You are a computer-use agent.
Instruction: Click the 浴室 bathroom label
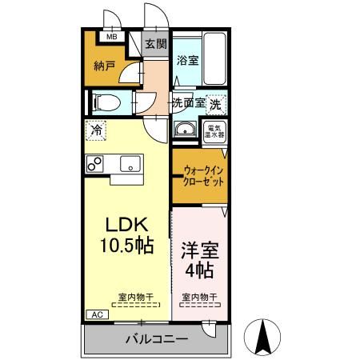tap(188, 59)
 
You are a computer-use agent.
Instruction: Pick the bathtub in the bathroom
tap(215, 60)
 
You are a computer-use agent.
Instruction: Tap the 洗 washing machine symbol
tap(216, 103)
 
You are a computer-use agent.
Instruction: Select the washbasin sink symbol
tap(186, 130)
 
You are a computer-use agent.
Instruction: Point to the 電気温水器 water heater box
tap(215, 131)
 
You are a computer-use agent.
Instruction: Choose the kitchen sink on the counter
tap(128, 164)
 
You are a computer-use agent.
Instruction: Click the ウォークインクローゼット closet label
tap(203, 175)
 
